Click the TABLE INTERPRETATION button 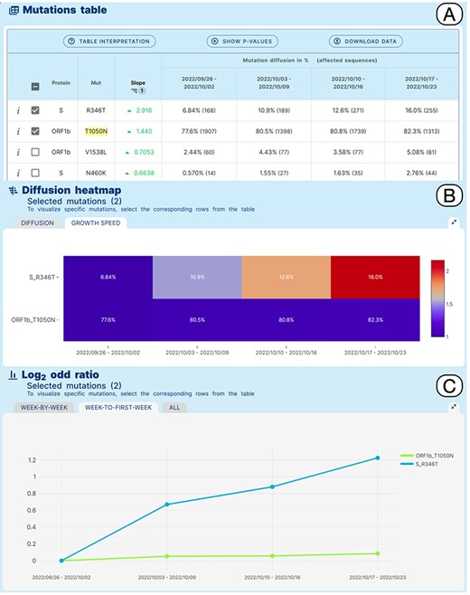click(x=108, y=42)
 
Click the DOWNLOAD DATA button click(x=365, y=42)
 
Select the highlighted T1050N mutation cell click(x=96, y=130)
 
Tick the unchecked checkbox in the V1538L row click(x=34, y=152)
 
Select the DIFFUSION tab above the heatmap click(x=37, y=222)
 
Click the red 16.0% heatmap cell click(x=375, y=276)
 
